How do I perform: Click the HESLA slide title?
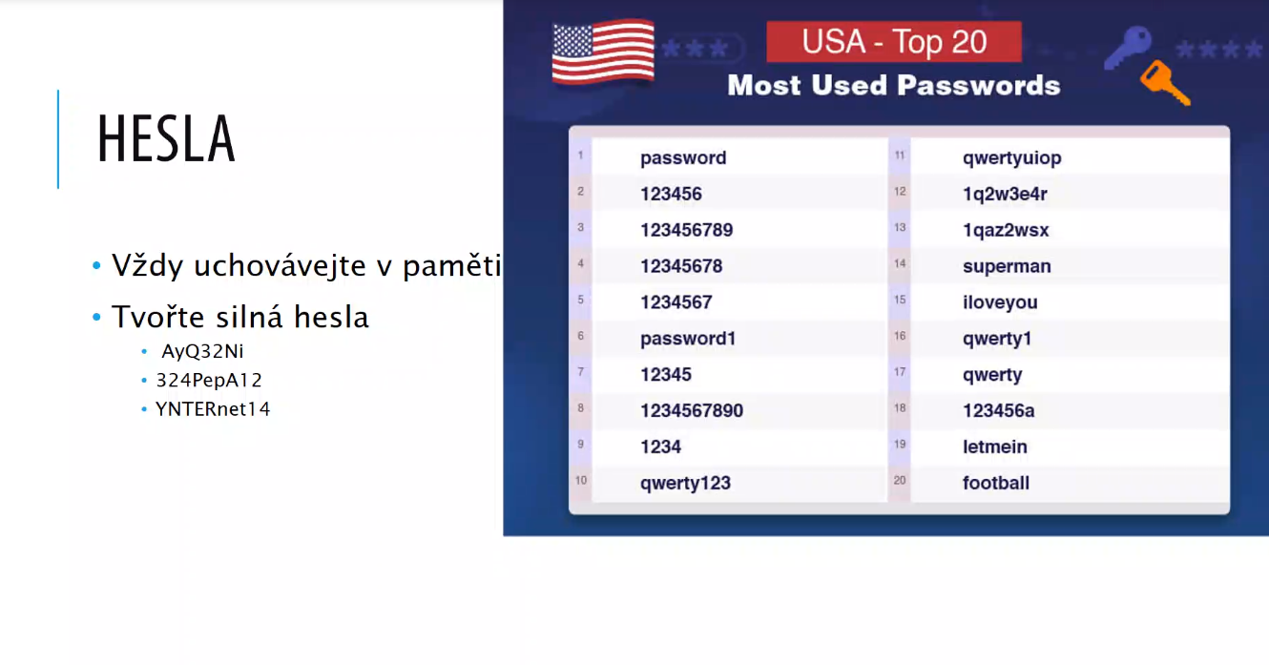(166, 138)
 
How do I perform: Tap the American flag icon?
(603, 52)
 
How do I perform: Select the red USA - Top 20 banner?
(894, 41)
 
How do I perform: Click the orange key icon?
(1165, 83)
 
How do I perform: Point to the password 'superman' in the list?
(1007, 265)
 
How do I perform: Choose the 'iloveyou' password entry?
(1000, 302)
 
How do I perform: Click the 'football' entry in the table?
(996, 483)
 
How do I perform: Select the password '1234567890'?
(692, 410)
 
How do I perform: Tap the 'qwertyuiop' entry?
(1011, 158)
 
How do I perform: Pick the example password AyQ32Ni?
(202, 351)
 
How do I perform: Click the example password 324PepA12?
(209, 380)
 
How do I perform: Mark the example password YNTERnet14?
(213, 409)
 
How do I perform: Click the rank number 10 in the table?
(581, 480)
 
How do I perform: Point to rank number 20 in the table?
(900, 480)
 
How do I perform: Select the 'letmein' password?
(995, 447)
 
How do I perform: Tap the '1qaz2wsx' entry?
(1006, 230)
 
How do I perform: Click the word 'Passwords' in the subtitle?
(979, 86)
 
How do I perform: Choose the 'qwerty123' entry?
(685, 483)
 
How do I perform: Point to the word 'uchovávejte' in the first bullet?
(280, 265)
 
